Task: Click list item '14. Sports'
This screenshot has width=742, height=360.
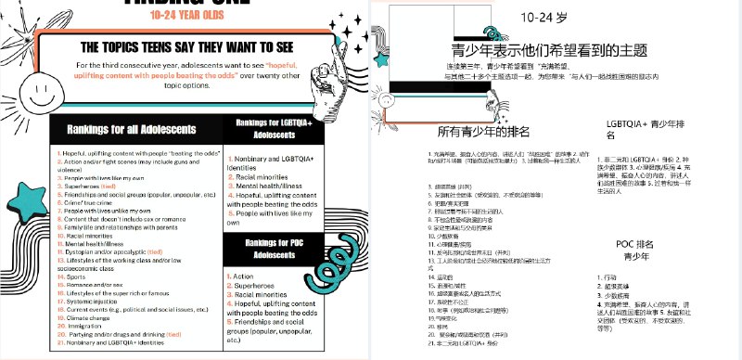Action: pyautogui.click(x=75, y=276)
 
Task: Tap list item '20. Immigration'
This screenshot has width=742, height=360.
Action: pyautogui.click(x=83, y=326)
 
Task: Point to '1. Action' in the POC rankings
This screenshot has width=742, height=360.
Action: pyautogui.click(x=243, y=276)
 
